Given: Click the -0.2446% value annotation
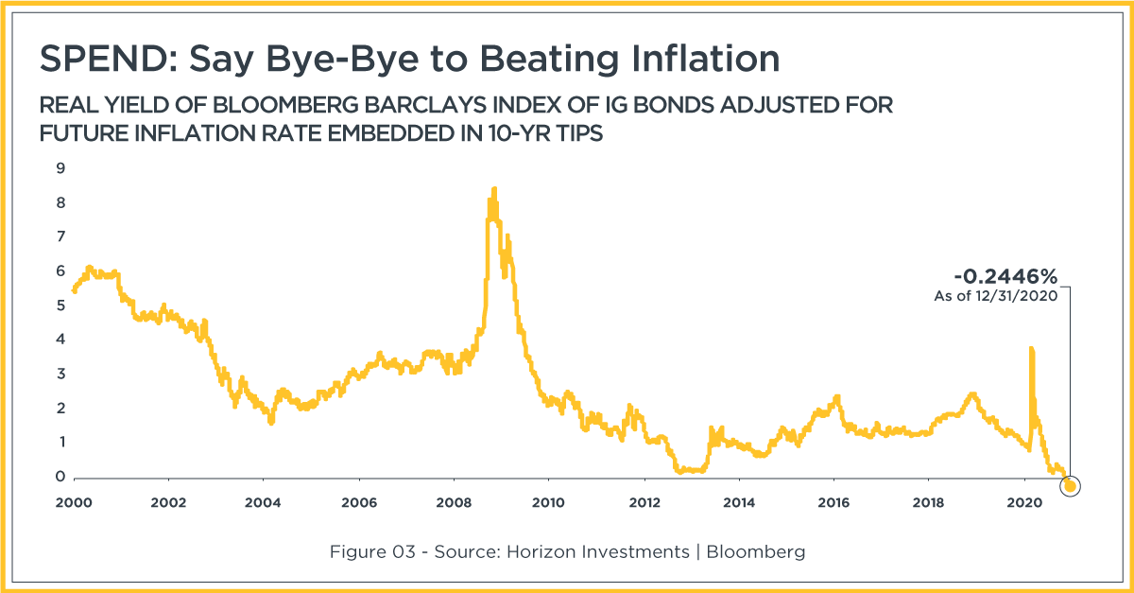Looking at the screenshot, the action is (x=1005, y=276).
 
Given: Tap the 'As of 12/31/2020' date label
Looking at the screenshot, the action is (x=996, y=296).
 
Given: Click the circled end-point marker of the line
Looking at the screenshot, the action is (x=1070, y=486).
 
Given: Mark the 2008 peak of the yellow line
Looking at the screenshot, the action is (x=494, y=188).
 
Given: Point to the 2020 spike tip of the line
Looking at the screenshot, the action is (x=1031, y=349).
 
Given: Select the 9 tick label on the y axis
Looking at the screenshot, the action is (x=60, y=168).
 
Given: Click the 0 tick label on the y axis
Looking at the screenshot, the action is (x=60, y=477).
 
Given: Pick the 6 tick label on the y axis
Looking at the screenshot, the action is (x=60, y=271).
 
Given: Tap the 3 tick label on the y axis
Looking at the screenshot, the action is (x=60, y=374).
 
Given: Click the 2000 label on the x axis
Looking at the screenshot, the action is (x=74, y=503).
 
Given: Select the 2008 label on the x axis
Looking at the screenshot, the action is (x=454, y=503).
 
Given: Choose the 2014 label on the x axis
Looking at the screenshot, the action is (x=739, y=503).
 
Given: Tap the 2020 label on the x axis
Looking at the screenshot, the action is (x=1024, y=503).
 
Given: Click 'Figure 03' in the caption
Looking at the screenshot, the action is (x=372, y=551).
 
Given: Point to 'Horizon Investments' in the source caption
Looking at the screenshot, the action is (x=598, y=551).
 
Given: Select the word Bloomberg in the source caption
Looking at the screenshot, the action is (x=756, y=552).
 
